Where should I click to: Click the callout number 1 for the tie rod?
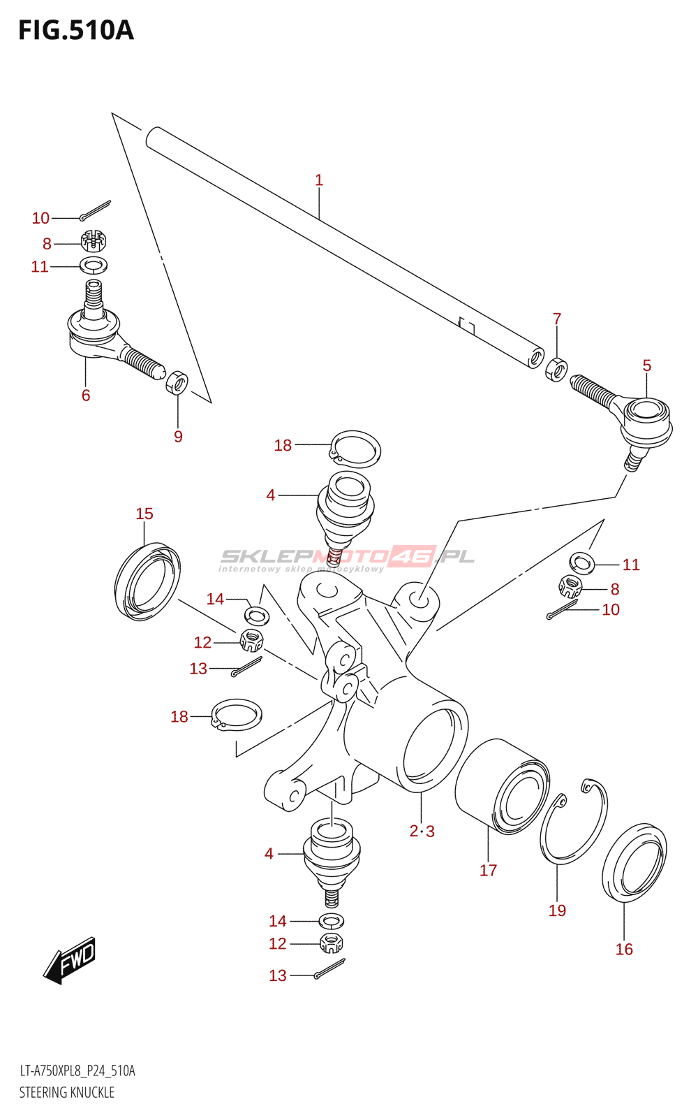coord(319,180)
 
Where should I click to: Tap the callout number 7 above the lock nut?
coord(557,319)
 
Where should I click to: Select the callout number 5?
coord(646,365)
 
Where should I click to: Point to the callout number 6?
coord(86,395)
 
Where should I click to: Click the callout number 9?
coord(178,437)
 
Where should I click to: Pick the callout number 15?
coord(144,514)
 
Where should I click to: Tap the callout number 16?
coord(624,950)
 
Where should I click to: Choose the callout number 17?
coord(488,871)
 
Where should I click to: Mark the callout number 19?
coord(558,910)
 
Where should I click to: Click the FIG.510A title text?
coord(76,31)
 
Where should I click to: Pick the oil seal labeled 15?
coord(147,581)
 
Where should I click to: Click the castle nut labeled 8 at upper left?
coord(94,241)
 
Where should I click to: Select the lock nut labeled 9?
coord(177,383)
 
